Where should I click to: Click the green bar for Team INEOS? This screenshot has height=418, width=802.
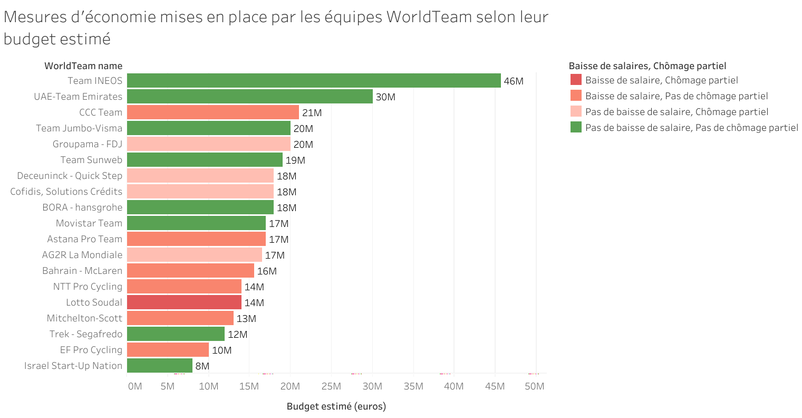314,81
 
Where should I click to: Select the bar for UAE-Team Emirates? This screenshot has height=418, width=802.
249,97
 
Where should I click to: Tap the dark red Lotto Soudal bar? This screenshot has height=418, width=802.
184,302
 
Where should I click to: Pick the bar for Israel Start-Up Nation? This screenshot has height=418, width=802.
160,366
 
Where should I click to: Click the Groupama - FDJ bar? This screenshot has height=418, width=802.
208,144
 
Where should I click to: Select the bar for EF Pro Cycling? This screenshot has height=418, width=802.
168,350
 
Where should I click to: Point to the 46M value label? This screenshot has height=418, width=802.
514,81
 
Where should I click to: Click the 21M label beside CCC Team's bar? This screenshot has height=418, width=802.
312,113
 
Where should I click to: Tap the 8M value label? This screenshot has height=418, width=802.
202,366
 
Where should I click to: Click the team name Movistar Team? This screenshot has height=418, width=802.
89,223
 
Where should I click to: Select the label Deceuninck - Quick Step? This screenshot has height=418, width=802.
70,176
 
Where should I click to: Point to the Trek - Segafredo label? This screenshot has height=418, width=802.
86,334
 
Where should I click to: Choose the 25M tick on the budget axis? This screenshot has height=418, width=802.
331,386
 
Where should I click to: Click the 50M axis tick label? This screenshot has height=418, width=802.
534,386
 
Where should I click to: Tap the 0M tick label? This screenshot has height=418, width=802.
135,386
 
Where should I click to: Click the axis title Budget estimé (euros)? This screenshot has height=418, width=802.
336,406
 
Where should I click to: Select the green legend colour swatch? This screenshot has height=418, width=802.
576,127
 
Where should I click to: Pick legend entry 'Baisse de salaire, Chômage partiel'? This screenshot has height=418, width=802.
661,80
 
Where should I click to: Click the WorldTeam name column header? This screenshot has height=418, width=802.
83,66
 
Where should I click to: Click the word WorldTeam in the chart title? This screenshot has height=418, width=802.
429,17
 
